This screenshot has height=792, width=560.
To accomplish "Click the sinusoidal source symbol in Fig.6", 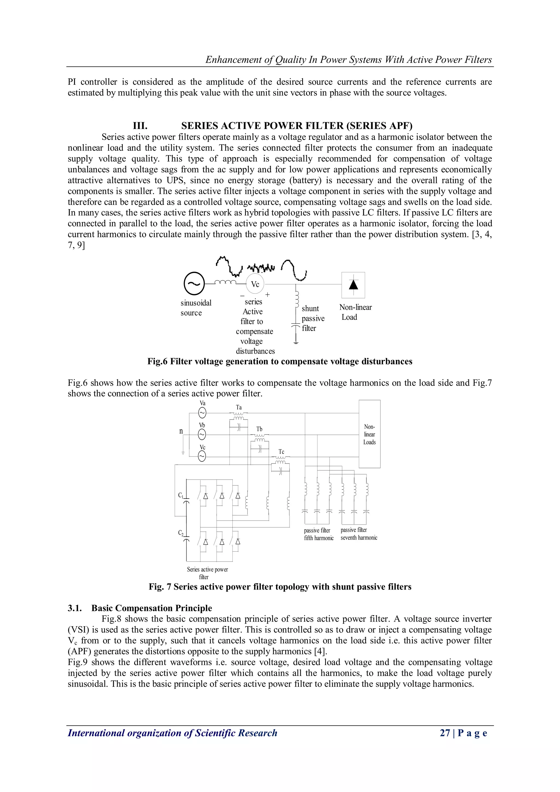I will [194, 284].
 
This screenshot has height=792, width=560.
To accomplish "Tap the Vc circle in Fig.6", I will [255, 284].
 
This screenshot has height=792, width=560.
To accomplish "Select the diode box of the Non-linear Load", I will [353, 285].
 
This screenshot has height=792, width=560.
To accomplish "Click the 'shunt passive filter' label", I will [313, 318].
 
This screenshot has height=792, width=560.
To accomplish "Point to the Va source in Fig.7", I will [202, 413].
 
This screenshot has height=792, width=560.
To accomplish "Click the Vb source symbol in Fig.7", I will [202, 435].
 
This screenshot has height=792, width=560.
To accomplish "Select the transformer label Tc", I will [281, 452].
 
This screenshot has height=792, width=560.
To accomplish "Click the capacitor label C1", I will [181, 495].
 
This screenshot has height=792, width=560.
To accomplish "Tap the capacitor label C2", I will [181, 532].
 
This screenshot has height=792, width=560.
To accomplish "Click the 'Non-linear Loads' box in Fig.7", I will [369, 434].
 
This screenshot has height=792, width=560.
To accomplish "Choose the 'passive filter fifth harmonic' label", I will [318, 534].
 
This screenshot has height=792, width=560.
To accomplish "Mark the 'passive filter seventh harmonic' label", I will [359, 534].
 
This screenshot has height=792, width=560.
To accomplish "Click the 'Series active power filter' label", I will [207, 573].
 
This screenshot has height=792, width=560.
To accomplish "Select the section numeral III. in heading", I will [140, 126].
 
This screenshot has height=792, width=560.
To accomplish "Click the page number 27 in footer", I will [445, 733].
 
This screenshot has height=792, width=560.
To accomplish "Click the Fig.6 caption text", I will [280, 361].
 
